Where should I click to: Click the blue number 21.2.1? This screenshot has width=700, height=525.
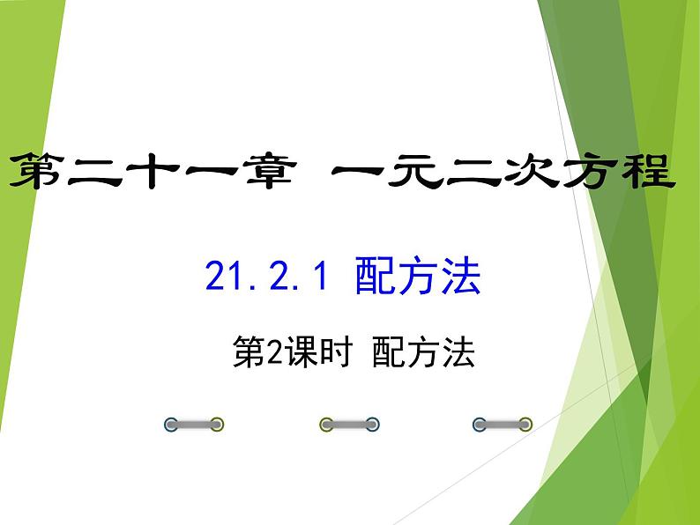(265, 279)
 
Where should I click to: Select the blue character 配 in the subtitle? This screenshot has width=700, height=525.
(376, 279)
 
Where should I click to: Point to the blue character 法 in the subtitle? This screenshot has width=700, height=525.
(460, 279)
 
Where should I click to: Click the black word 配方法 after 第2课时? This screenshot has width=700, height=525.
(423, 353)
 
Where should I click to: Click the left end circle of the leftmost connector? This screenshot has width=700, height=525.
(172, 425)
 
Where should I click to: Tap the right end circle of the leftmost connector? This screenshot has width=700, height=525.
(217, 425)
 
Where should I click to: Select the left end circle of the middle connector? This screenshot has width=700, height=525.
(326, 425)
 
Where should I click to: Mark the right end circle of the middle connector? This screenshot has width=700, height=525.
(372, 425)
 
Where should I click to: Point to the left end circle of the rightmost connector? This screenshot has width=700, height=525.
(480, 425)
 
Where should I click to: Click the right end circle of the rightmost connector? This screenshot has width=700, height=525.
(525, 425)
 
